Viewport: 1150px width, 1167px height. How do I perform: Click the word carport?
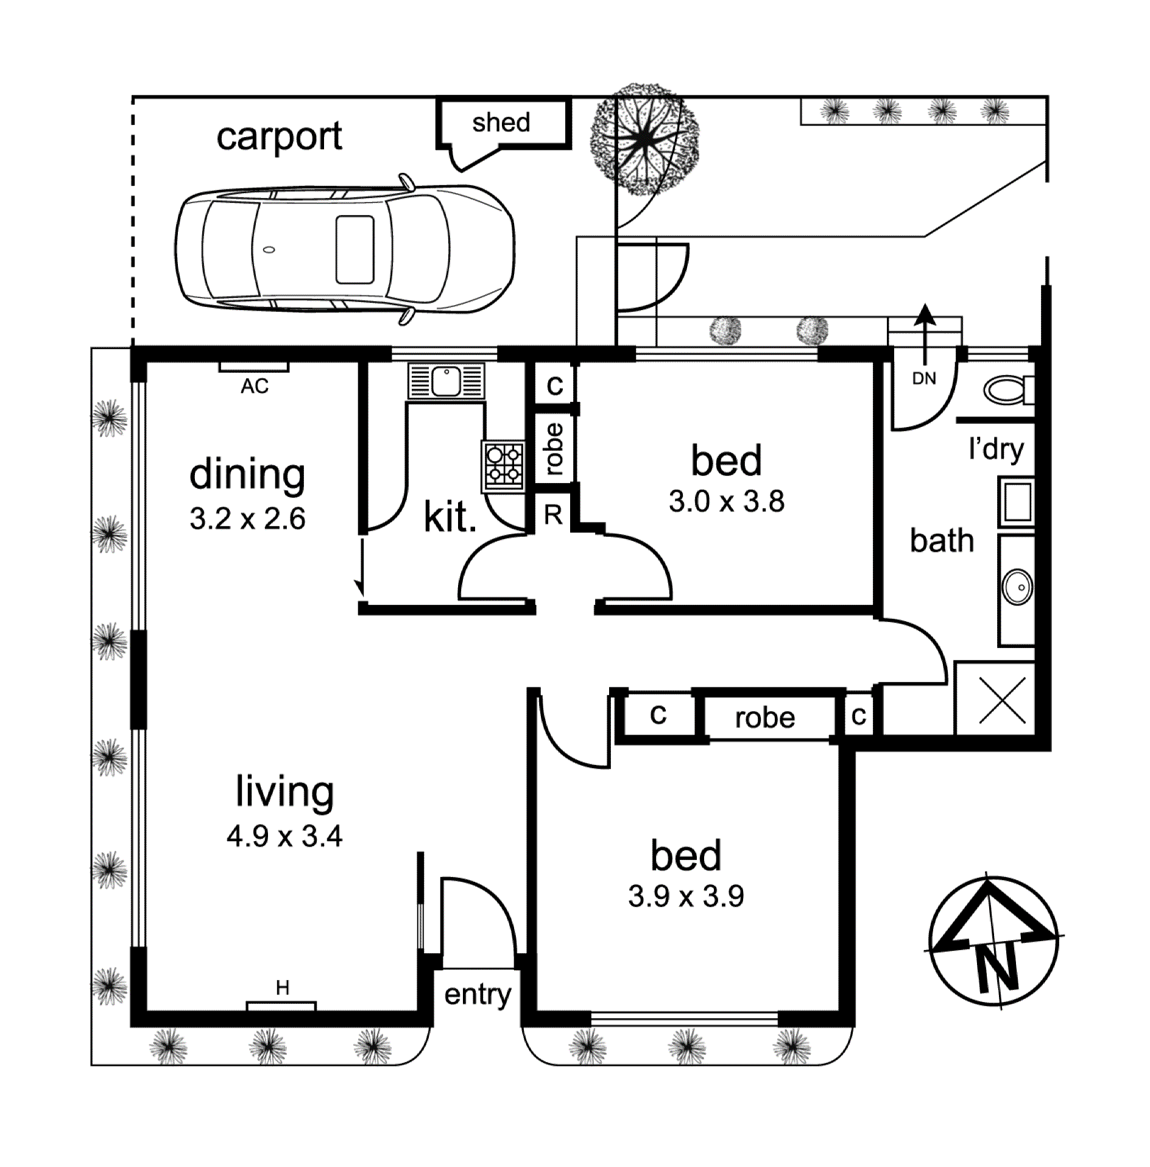tap(279, 136)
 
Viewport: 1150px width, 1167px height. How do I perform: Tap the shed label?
tap(501, 122)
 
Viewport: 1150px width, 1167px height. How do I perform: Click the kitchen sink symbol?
tap(446, 381)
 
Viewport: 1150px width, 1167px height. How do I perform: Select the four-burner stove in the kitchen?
tap(504, 465)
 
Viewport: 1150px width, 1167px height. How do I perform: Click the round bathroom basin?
tap(1017, 587)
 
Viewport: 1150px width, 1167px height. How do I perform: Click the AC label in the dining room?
tap(255, 386)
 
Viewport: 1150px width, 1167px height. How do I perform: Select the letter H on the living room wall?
tap(282, 987)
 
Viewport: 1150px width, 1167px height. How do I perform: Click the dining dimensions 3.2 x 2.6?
tap(247, 519)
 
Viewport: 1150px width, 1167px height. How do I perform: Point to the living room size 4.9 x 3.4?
tap(284, 836)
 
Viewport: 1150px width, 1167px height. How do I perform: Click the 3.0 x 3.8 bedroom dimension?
tap(726, 502)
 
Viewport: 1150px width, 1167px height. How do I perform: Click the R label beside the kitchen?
tap(553, 515)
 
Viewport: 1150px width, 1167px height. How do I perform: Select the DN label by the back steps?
tap(923, 378)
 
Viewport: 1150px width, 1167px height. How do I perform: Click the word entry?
tap(477, 995)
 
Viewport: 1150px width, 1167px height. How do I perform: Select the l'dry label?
tap(996, 449)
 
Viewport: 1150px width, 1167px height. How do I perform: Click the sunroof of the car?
tap(355, 249)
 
